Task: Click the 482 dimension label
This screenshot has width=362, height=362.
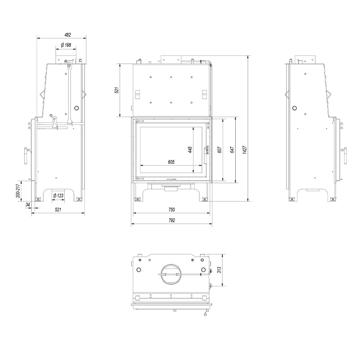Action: point(68,35)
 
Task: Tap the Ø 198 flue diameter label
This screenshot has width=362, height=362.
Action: point(66,45)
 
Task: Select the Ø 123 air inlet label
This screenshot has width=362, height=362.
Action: point(58,195)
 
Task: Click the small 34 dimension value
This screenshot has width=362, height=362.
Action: point(28,205)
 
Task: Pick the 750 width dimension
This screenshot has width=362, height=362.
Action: point(172,209)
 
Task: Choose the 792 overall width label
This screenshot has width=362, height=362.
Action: point(172,220)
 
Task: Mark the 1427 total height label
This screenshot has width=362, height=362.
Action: point(244,150)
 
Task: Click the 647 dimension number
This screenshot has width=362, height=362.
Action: point(232,150)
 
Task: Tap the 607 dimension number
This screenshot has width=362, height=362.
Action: point(220,150)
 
